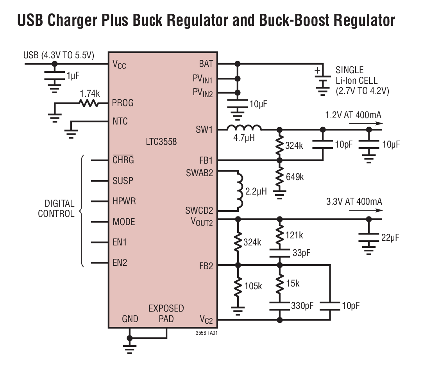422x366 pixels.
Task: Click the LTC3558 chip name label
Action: pos(161,141)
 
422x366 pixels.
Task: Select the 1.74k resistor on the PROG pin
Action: pos(88,103)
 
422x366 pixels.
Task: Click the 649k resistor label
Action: pos(294,177)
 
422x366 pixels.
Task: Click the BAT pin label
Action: pos(206,64)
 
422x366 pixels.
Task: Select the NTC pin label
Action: pos(120,121)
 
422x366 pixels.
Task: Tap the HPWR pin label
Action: pos(124,201)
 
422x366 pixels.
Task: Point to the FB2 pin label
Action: pos(206,266)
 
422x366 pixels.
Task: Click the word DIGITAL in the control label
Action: pos(59,204)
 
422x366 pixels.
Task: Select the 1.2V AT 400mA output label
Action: pos(353,115)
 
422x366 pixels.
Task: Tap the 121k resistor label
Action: pos(294,235)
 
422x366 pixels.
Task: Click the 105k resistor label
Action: pos(253,286)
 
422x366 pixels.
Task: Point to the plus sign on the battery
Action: pos(317,70)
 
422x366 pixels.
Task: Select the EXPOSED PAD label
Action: pos(166,314)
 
